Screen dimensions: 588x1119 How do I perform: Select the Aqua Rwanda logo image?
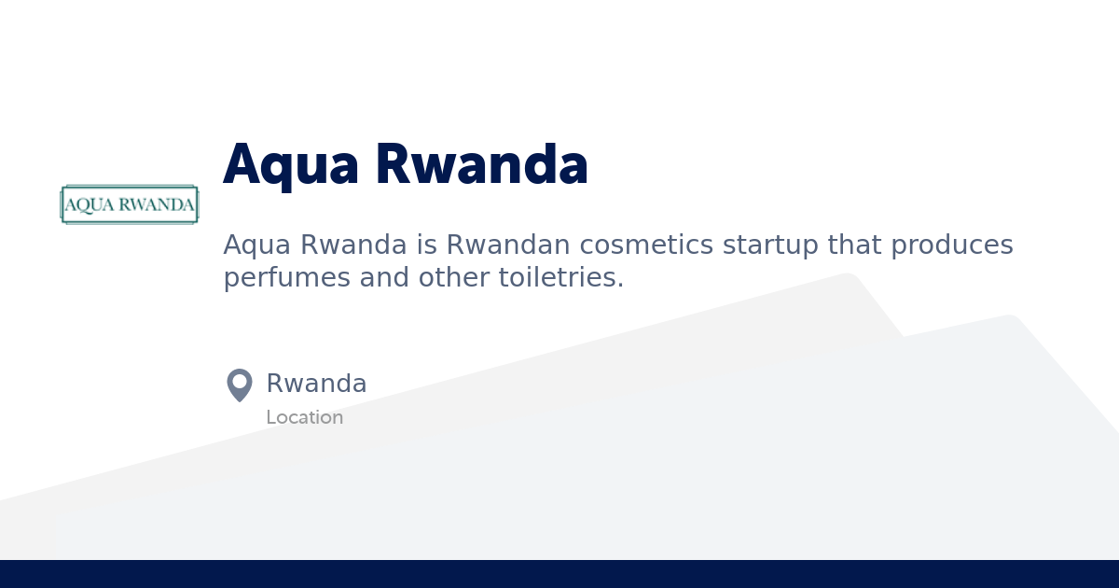[x=130, y=204]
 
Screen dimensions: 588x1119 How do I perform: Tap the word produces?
[x=951, y=245]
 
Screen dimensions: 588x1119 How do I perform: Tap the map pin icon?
[x=240, y=385]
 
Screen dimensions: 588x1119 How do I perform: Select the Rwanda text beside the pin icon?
[x=316, y=384]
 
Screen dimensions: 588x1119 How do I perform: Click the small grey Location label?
[x=304, y=417]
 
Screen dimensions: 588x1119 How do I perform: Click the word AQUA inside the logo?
[x=86, y=205]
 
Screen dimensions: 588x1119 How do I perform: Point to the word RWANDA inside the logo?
[x=153, y=205]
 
